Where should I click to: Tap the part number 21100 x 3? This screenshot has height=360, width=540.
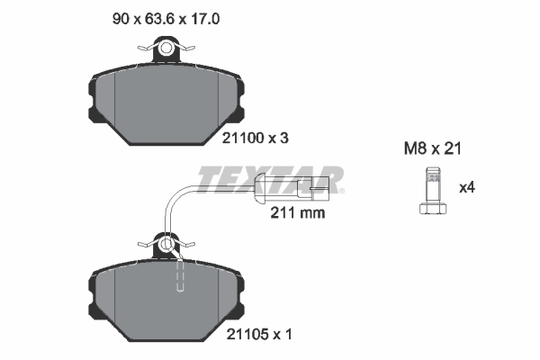(x=256, y=139)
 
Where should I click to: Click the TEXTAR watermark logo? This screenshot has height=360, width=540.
(x=270, y=179)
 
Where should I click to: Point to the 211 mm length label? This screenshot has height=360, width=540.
(x=296, y=214)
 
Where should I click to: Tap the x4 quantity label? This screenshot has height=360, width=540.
(x=466, y=188)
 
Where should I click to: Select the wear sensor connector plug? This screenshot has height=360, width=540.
(x=298, y=189)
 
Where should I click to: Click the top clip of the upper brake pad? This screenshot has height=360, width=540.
(x=167, y=50)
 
